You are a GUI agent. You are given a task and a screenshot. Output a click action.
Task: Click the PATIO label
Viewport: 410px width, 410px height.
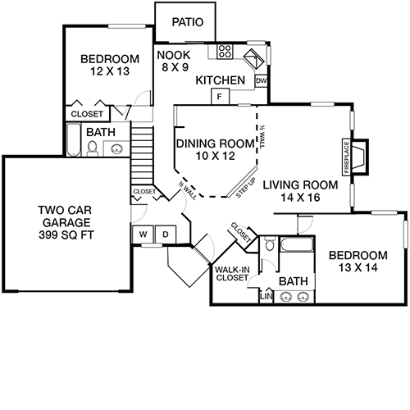(x=185, y=23)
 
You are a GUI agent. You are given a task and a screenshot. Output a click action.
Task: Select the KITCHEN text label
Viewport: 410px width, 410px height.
(x=221, y=80)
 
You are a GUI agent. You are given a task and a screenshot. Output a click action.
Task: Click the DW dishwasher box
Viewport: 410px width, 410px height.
(x=261, y=80)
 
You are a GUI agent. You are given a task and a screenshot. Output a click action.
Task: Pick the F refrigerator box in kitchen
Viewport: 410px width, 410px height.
(x=220, y=97)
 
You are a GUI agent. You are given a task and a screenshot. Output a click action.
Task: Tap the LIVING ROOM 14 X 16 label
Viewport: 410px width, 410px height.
(x=295, y=191)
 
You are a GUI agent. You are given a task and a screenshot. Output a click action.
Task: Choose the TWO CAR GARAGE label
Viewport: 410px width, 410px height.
(x=68, y=222)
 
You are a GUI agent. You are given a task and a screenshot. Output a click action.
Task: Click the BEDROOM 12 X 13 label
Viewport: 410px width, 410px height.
(x=108, y=66)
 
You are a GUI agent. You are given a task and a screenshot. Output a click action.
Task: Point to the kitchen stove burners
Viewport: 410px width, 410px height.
(x=224, y=52)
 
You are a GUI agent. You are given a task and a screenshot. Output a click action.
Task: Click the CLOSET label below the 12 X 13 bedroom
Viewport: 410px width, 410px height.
(x=88, y=114)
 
